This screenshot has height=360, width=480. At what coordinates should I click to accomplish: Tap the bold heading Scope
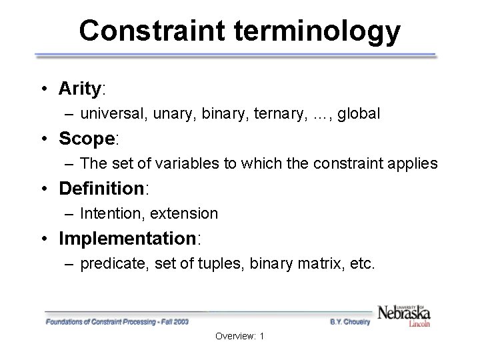[x=87, y=139]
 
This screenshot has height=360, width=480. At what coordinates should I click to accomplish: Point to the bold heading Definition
[x=101, y=189]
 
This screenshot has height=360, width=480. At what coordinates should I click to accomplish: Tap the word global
[x=359, y=114]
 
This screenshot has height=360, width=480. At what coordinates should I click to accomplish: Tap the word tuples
[x=221, y=263]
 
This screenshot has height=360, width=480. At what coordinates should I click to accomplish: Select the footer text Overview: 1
[x=240, y=336]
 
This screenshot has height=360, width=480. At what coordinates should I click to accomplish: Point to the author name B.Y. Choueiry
[x=351, y=321]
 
